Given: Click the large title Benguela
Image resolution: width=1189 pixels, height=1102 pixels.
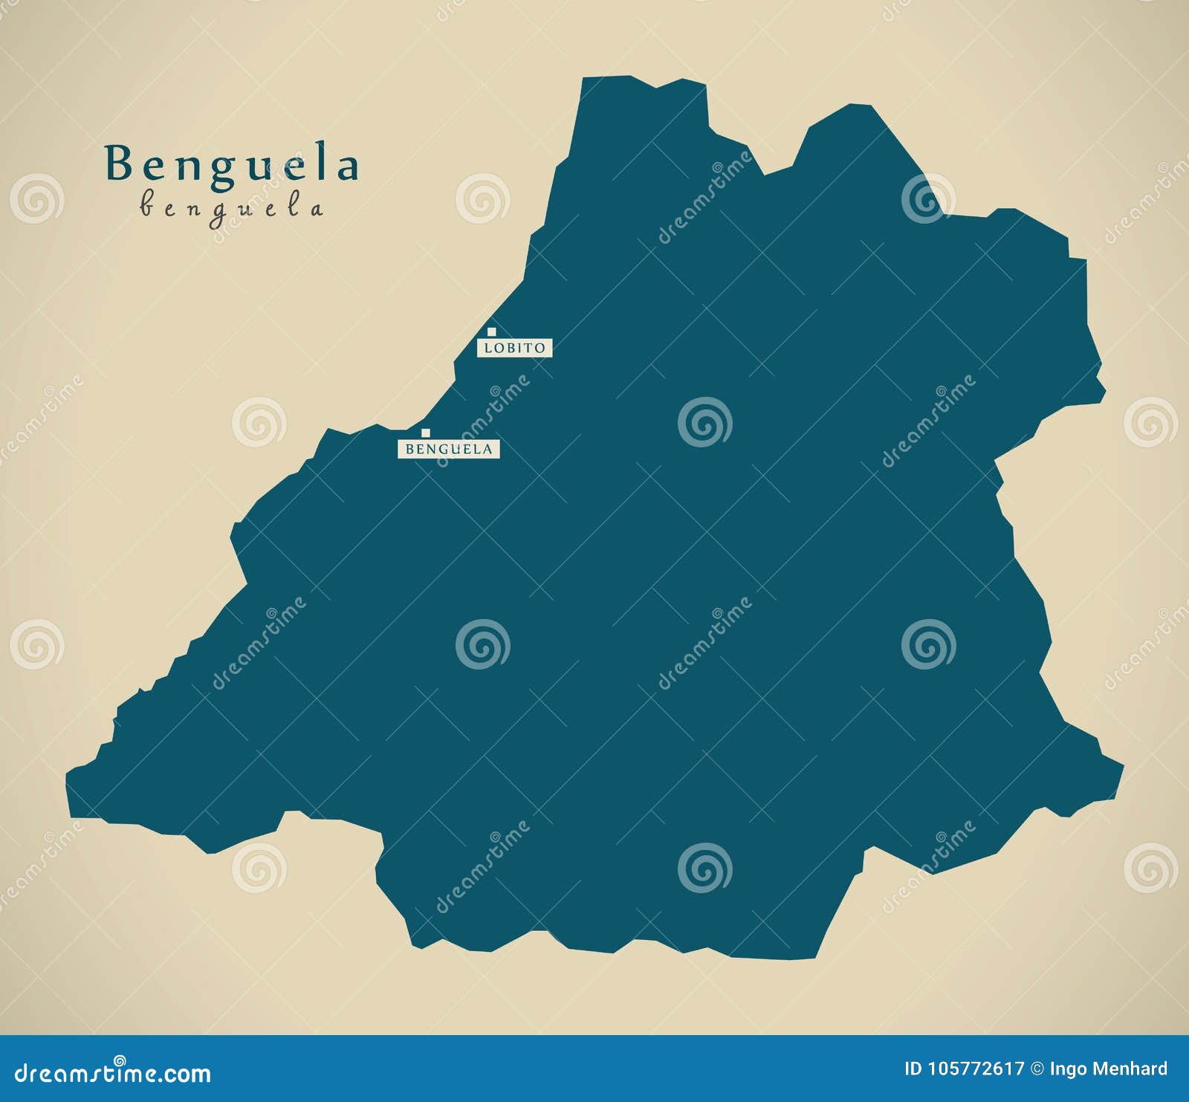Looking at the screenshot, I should (x=232, y=165).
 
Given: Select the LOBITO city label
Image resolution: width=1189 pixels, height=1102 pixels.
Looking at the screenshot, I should (x=514, y=348).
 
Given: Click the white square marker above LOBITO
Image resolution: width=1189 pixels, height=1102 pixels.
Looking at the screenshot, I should (x=491, y=331).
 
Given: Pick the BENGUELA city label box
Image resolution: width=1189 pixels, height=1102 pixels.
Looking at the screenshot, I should (x=449, y=449).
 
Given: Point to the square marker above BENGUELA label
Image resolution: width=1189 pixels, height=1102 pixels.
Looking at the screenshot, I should (x=426, y=432).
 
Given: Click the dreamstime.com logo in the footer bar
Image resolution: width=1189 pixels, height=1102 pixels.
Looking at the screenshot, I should (x=113, y=1072).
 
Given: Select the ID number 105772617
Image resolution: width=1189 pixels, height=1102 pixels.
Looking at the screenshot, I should (x=976, y=1069).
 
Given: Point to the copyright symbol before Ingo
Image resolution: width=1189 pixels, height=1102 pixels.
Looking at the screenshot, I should (x=1037, y=1069).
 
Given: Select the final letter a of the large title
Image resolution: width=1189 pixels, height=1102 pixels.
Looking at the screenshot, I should (x=347, y=167).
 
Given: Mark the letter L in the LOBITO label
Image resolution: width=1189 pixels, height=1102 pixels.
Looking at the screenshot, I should (x=488, y=348).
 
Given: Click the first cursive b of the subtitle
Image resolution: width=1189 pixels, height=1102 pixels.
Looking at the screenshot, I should (x=146, y=205).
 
